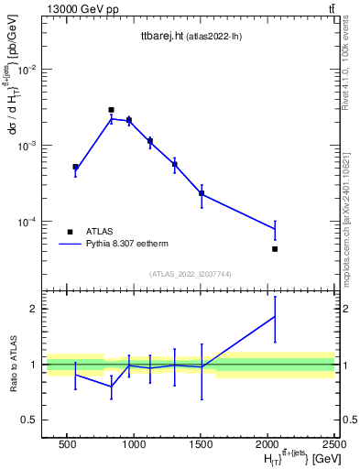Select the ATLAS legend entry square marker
[70, 232]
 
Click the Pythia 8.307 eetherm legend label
[130, 245]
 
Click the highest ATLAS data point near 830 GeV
[111, 110]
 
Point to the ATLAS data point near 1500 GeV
[202, 193]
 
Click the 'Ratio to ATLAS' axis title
[14, 364]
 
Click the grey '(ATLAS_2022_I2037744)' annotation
[190, 274]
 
